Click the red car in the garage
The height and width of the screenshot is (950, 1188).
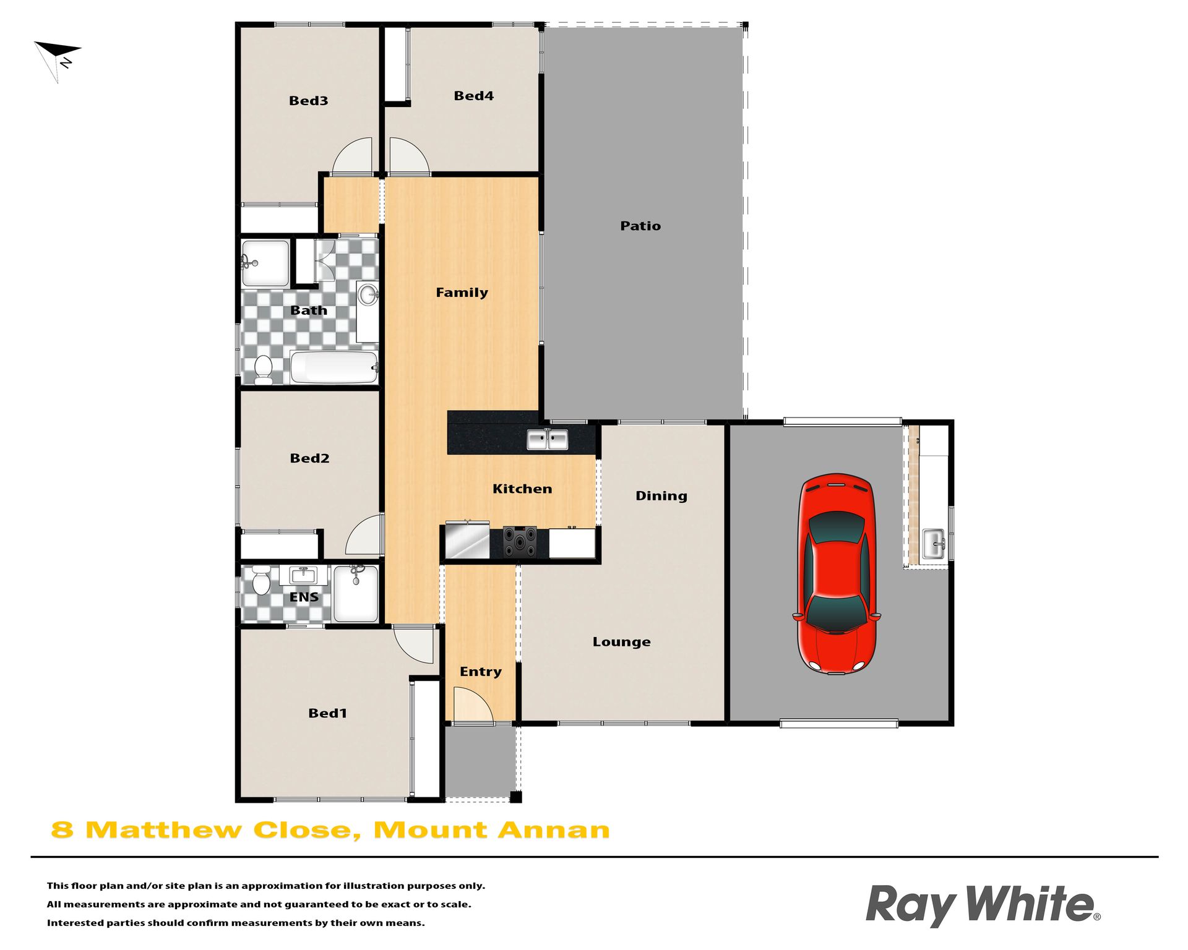pyautogui.click(x=837, y=573)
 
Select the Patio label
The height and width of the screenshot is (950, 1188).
pyautogui.click(x=640, y=226)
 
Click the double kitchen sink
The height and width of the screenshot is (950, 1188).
pyautogui.click(x=547, y=439)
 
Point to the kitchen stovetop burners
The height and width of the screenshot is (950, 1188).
pyautogui.click(x=520, y=542)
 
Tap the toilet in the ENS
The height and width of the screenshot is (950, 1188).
pyautogui.click(x=261, y=580)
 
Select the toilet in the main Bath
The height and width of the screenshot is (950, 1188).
pyautogui.click(x=264, y=370)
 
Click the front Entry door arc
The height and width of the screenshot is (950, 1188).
pyautogui.click(x=473, y=704)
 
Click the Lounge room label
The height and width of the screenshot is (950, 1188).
pyautogui.click(x=621, y=641)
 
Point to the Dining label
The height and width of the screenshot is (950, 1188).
pyautogui.click(x=661, y=495)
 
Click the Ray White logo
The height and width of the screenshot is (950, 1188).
pyautogui.click(x=983, y=905)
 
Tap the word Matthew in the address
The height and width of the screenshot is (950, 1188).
pyautogui.click(x=163, y=830)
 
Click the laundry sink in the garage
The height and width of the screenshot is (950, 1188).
pyautogui.click(x=934, y=544)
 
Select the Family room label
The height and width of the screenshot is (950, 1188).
pyautogui.click(x=462, y=293)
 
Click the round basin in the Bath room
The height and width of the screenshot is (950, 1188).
pyautogui.click(x=368, y=294)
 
